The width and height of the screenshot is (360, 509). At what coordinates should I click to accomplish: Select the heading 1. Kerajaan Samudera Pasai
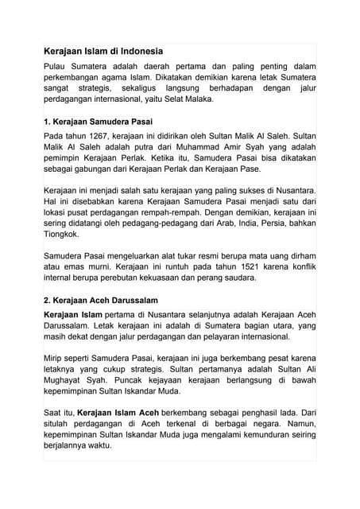(97, 122)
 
